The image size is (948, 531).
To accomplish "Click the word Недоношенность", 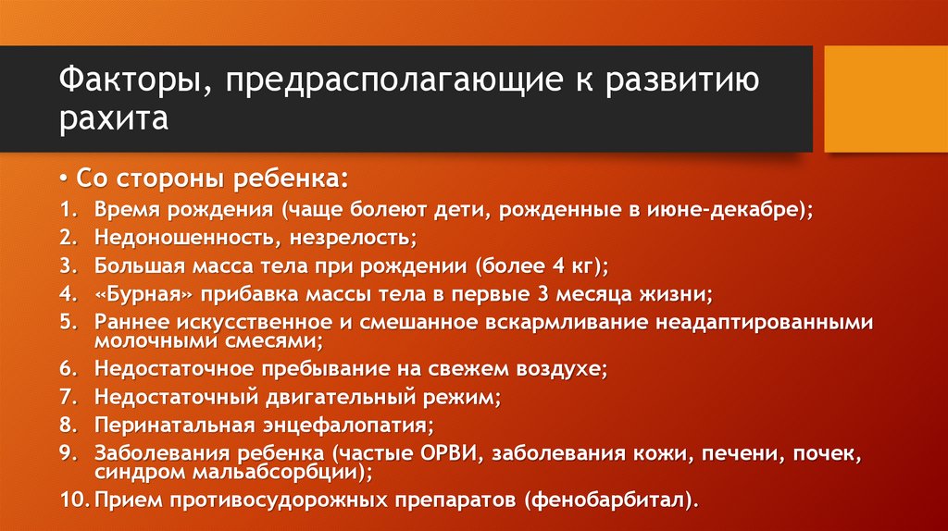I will click(180, 238).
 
